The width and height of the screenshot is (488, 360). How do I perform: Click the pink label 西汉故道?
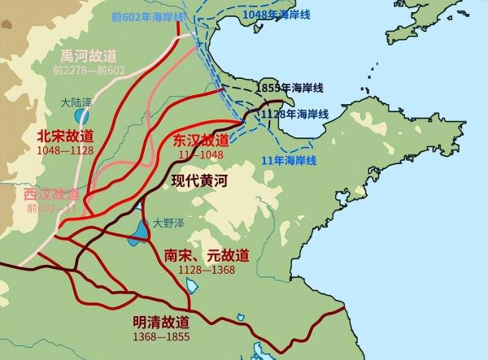[51, 195]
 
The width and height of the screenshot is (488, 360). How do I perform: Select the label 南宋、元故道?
[207, 254]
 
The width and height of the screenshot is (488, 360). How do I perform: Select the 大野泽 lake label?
[168, 222]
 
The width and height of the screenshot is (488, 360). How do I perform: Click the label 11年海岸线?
[296, 159]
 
